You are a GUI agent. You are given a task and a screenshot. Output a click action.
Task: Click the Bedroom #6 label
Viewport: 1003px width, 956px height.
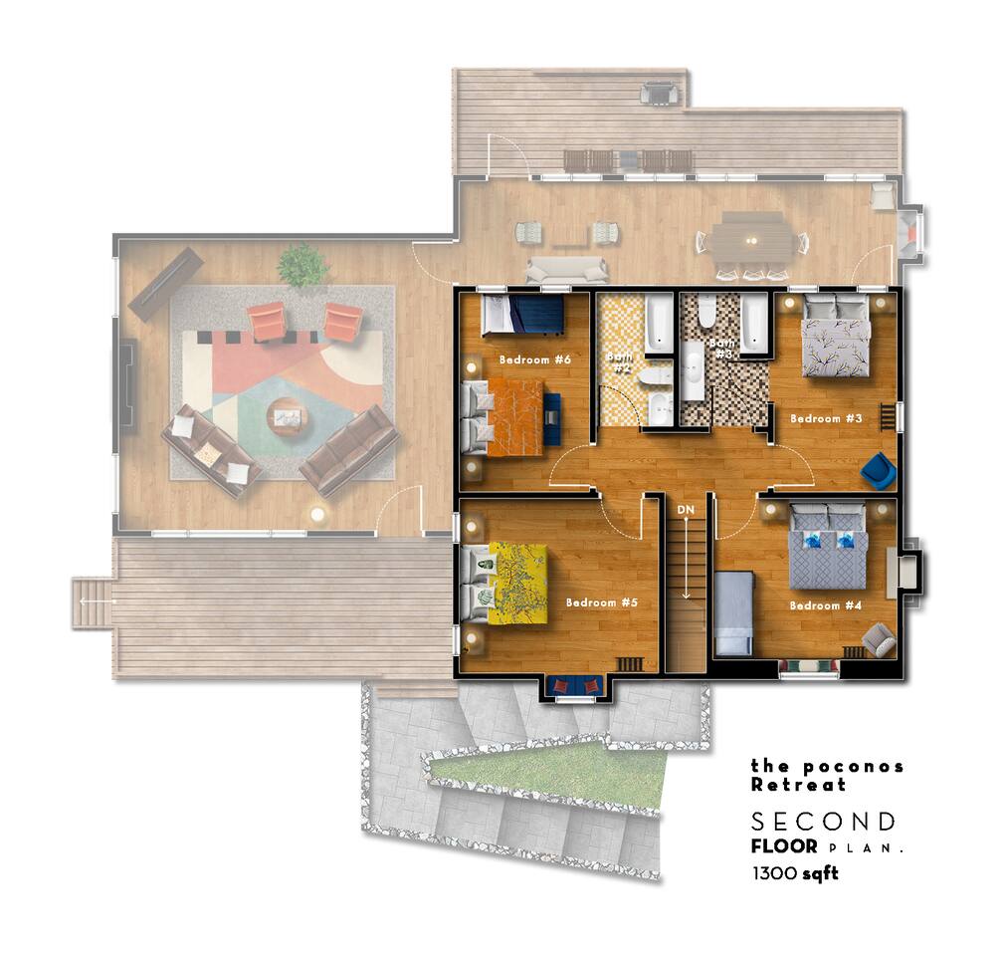pyautogui.click(x=534, y=359)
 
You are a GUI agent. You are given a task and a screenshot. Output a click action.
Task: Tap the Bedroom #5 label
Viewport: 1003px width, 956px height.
pyautogui.click(x=602, y=602)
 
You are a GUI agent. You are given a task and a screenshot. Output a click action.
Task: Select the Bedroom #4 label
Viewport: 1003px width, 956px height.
pyautogui.click(x=826, y=605)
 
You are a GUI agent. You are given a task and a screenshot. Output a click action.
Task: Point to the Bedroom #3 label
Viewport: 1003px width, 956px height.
pyautogui.click(x=827, y=419)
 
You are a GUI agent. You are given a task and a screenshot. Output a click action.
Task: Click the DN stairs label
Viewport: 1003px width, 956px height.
pyautogui.click(x=686, y=510)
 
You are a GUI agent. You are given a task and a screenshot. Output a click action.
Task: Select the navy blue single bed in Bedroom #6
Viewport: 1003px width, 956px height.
pyautogui.click(x=522, y=315)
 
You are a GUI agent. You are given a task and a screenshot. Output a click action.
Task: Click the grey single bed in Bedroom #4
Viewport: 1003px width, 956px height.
pyautogui.click(x=733, y=613)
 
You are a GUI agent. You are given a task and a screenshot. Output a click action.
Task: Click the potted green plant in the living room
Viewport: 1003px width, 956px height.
pyautogui.click(x=302, y=265)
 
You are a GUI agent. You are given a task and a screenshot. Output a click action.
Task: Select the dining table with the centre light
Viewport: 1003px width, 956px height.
pyautogui.click(x=752, y=241)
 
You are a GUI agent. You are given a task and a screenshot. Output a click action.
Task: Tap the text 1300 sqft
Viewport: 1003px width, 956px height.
pyautogui.click(x=795, y=873)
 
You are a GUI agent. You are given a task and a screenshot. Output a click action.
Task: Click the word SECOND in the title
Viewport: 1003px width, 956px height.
pyautogui.click(x=823, y=822)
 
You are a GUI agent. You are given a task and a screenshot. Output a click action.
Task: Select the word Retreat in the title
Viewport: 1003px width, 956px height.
pyautogui.click(x=798, y=785)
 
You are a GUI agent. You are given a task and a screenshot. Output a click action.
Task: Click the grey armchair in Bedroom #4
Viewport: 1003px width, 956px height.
pyautogui.click(x=879, y=639)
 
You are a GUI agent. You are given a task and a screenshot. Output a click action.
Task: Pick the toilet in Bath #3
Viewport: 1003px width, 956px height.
pyautogui.click(x=706, y=310)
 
